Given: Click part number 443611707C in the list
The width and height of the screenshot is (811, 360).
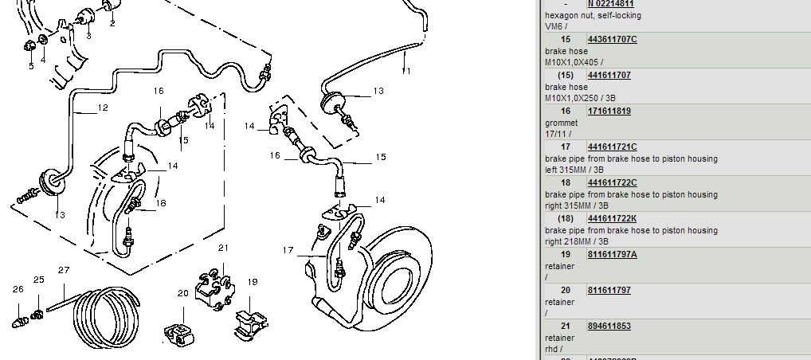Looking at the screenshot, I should pyautogui.click(x=612, y=39).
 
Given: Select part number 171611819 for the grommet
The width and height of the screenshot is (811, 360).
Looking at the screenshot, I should pyautogui.click(x=609, y=111).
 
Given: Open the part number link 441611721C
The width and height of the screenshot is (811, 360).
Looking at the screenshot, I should pyautogui.click(x=612, y=147).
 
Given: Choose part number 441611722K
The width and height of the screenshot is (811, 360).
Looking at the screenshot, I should pyautogui.click(x=612, y=218).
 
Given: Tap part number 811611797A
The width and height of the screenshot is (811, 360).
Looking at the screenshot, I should pyautogui.click(x=612, y=254).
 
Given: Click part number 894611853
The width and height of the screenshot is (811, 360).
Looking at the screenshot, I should pyautogui.click(x=609, y=326).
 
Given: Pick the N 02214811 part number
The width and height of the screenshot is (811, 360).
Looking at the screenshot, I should pyautogui.click(x=611, y=4).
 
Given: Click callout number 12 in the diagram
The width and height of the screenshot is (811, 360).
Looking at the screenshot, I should pyautogui.click(x=103, y=108).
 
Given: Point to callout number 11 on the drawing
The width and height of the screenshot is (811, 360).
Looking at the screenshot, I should pyautogui.click(x=406, y=71).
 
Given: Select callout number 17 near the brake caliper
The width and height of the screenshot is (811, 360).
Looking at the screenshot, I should pyautogui.click(x=288, y=250).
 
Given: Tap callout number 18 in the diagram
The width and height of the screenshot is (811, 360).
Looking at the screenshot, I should pyautogui.click(x=161, y=203).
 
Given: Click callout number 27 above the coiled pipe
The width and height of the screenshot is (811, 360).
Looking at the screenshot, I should pyautogui.click(x=65, y=270).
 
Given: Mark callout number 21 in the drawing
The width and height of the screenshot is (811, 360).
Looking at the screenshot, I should pyautogui.click(x=224, y=248).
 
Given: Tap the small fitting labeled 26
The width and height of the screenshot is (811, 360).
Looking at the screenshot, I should pyautogui.click(x=19, y=323).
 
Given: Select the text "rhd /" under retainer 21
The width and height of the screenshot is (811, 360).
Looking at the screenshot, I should pyautogui.click(x=555, y=349).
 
